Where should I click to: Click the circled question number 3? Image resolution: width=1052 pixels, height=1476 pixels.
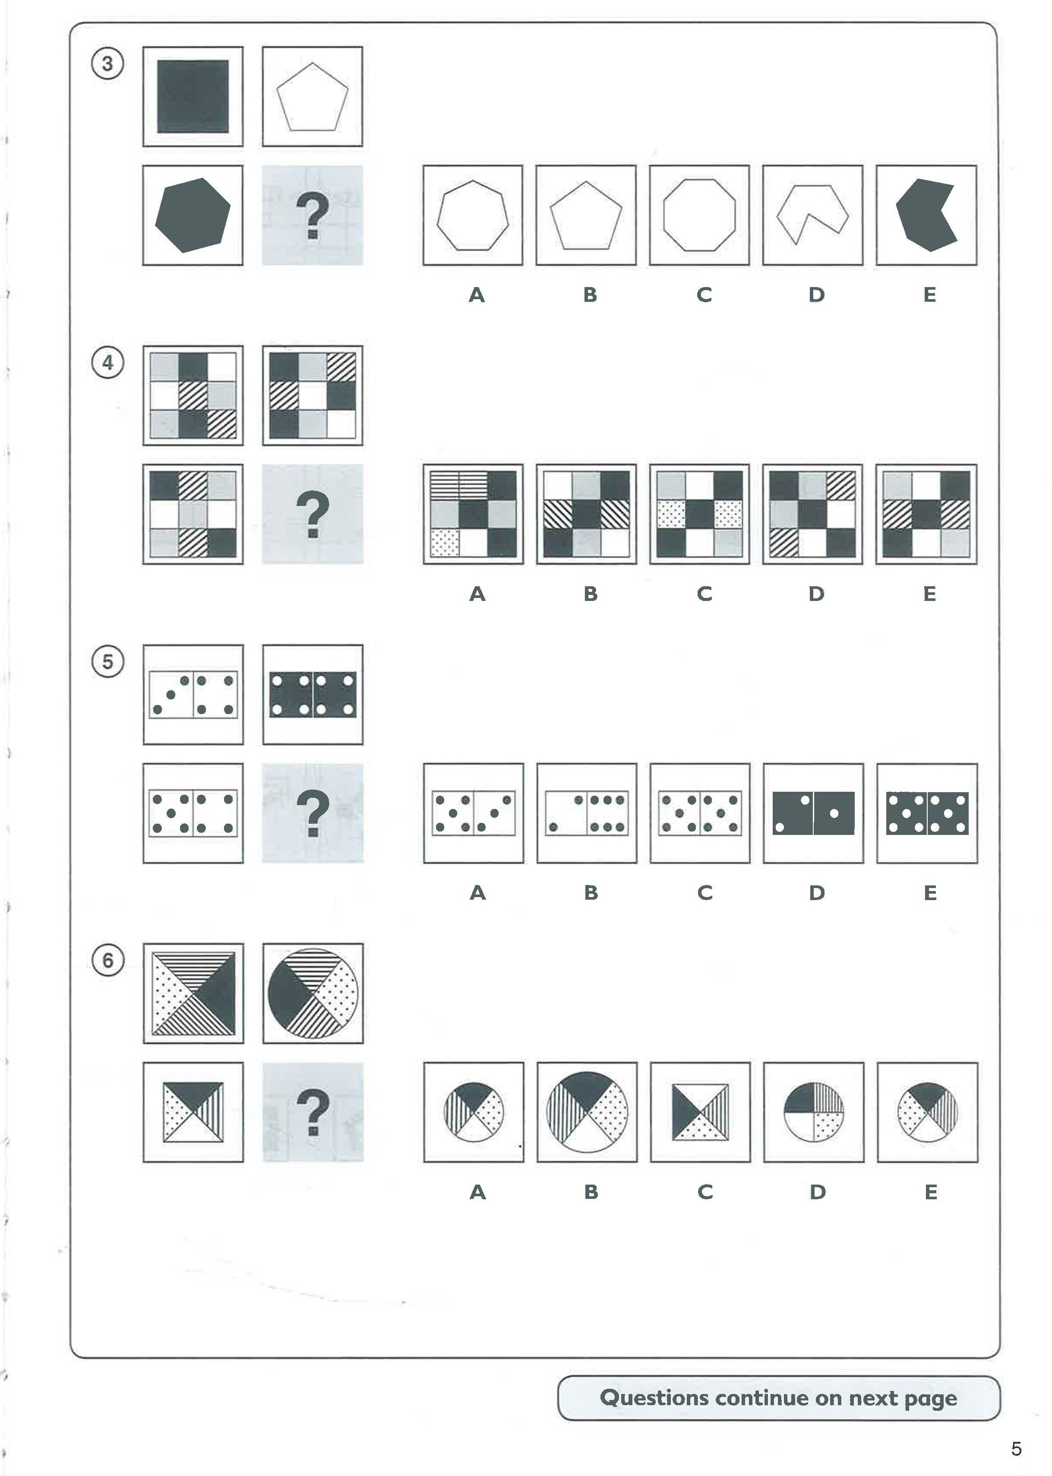107,64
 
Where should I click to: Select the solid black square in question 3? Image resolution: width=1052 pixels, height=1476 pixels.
193,97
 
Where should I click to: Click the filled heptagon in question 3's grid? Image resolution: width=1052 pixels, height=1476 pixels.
193,215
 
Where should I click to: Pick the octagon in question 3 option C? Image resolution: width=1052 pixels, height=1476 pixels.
699,215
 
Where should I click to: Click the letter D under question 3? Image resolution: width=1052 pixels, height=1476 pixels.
816,295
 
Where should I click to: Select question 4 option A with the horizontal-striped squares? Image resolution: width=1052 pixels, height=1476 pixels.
473,514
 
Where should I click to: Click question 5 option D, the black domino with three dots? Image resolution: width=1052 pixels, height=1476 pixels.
813,813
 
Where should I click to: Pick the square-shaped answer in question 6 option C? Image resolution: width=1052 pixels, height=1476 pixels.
700,1112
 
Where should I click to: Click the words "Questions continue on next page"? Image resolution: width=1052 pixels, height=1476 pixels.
778,1397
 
